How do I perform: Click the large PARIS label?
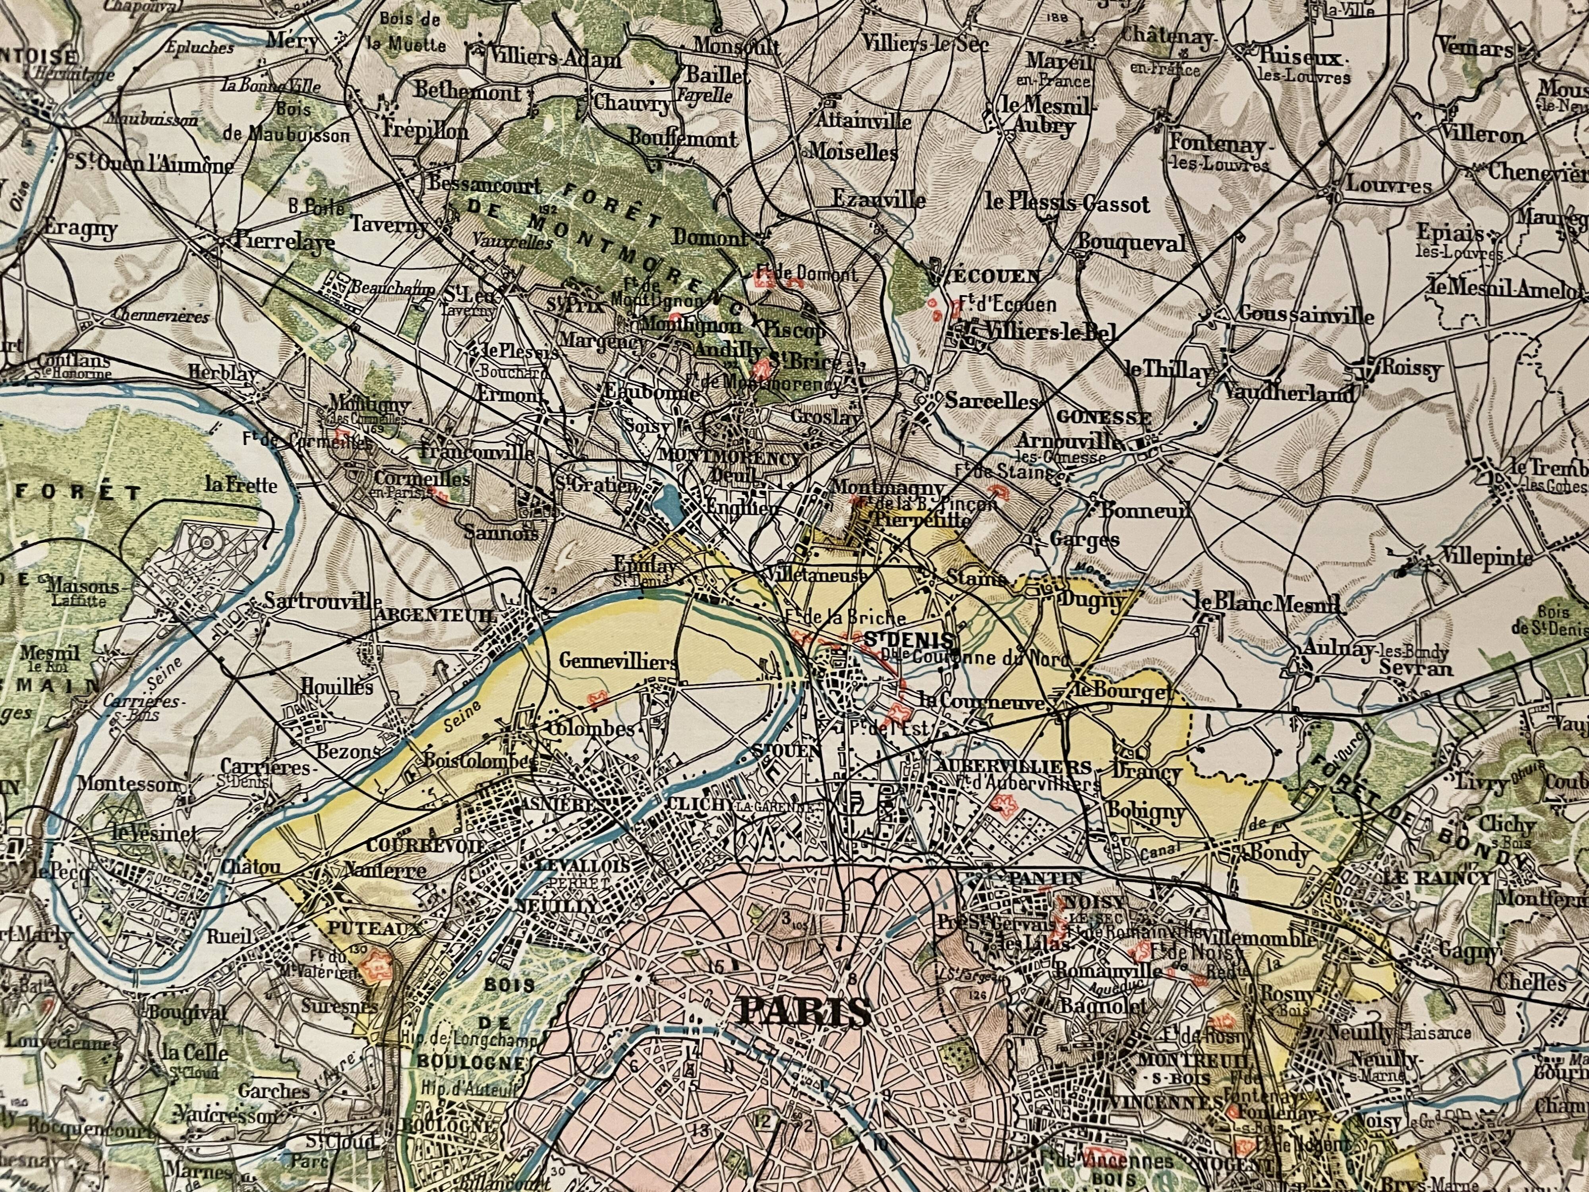tap(804, 1013)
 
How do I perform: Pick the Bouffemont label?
tap(682, 138)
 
